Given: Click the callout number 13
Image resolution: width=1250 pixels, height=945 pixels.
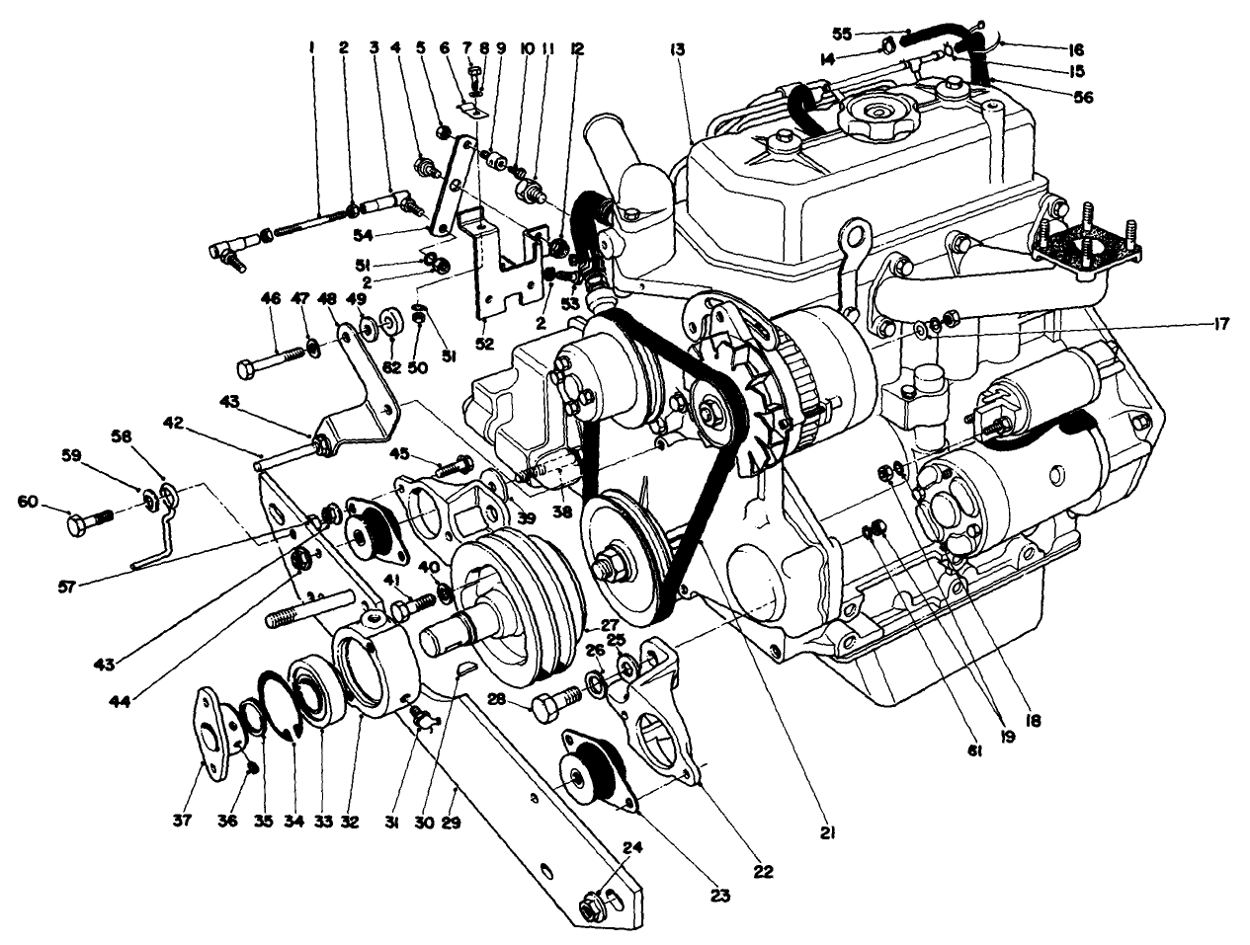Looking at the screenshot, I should point(677,48).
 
